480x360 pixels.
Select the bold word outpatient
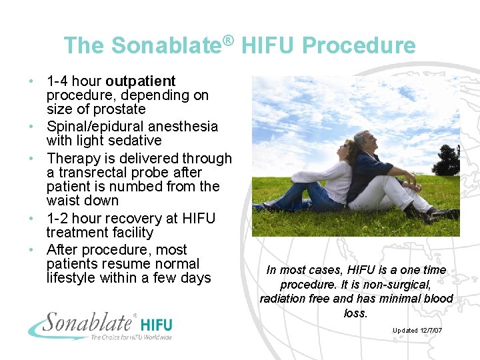[x=141, y=81]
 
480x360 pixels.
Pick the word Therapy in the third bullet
[x=74, y=159]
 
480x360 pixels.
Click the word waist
[x=64, y=201]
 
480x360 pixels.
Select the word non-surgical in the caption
[x=407, y=285]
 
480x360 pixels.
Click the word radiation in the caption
[x=283, y=299]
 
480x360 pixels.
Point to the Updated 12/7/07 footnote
[x=417, y=331]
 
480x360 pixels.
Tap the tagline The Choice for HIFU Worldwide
[x=131, y=337]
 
